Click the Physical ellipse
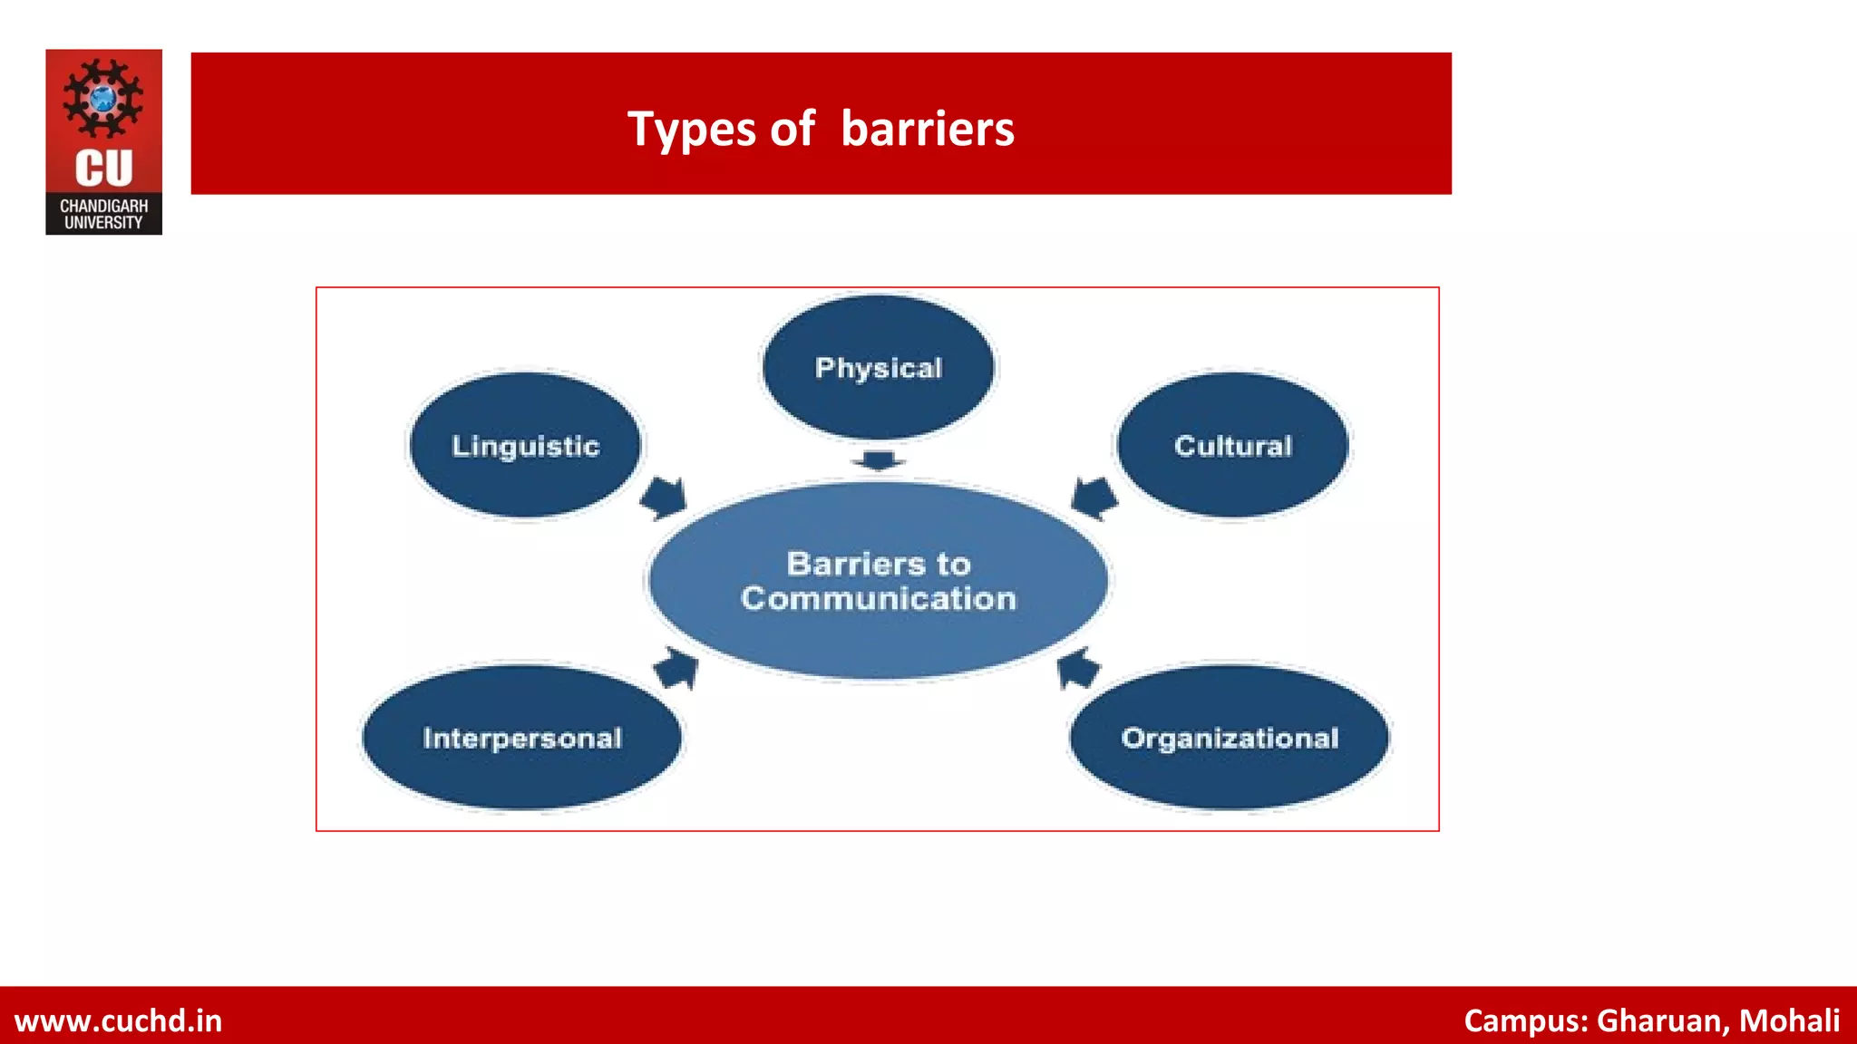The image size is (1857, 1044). (878, 367)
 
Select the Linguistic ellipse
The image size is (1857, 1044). (526, 445)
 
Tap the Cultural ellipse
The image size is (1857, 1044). (1232, 445)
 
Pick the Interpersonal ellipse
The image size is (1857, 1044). (521, 738)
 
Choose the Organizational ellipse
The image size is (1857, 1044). (1230, 738)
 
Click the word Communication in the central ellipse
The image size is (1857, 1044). (878, 599)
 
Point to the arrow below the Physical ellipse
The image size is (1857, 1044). (878, 460)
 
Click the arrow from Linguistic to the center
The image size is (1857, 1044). (665, 498)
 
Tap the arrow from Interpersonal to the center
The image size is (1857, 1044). (676, 669)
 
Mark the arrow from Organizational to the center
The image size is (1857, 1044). (1078, 669)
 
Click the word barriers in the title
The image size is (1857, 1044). (927, 129)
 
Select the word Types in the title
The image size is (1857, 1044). (693, 129)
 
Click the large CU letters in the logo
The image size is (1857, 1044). (103, 169)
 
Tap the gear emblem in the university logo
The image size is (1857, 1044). (103, 98)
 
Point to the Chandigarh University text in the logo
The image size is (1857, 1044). (103, 214)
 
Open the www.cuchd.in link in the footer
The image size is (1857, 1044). (118, 1020)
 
